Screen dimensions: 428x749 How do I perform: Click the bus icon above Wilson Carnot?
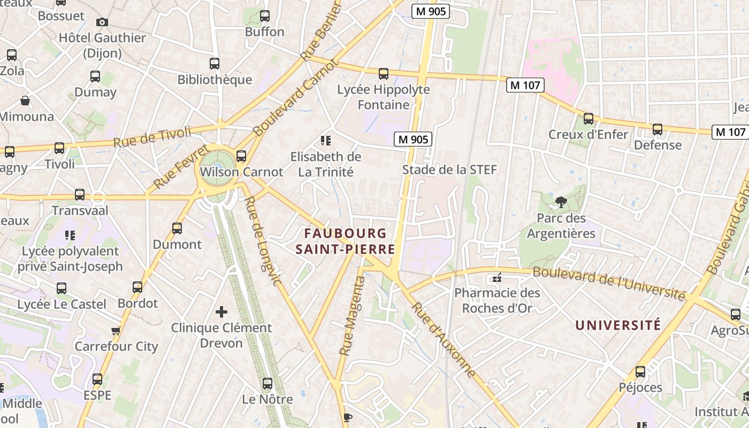pyautogui.click(x=241, y=156)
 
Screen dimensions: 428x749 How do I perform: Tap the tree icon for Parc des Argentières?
pyautogui.click(x=561, y=202)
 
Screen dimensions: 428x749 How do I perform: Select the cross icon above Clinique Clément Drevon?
pyautogui.click(x=221, y=311)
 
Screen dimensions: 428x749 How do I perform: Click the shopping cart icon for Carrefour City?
pyautogui.click(x=116, y=331)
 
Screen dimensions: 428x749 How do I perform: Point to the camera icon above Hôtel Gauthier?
pyautogui.click(x=102, y=22)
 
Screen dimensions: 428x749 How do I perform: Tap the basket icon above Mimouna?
pyautogui.click(x=25, y=101)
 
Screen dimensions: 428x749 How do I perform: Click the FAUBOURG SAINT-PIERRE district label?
pyautogui.click(x=346, y=241)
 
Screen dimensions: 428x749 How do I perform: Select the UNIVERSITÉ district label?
pyautogui.click(x=618, y=325)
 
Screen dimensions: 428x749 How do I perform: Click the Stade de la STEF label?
pyautogui.click(x=449, y=170)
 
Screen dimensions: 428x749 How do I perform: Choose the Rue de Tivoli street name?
pyautogui.click(x=152, y=136)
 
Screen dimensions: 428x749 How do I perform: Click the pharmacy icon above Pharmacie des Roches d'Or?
pyautogui.click(x=497, y=278)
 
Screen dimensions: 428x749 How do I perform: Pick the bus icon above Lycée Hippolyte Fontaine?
pyautogui.click(x=383, y=74)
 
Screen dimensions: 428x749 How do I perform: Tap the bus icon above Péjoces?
pyautogui.click(x=640, y=372)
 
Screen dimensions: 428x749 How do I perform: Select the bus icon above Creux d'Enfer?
pyautogui.click(x=588, y=119)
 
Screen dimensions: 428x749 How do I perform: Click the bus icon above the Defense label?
pyautogui.click(x=658, y=129)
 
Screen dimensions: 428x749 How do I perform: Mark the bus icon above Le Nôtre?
pyautogui.click(x=267, y=384)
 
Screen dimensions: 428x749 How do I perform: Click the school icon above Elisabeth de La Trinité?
pyautogui.click(x=325, y=141)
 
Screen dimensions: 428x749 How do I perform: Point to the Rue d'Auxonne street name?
pyautogui.click(x=444, y=340)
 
